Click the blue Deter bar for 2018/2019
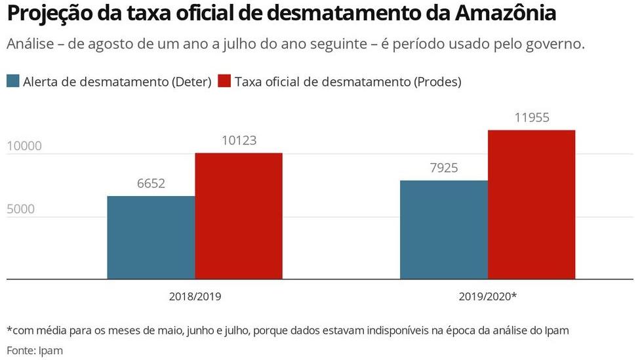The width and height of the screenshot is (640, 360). point(151,237)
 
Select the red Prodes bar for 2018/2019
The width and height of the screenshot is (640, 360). point(239,216)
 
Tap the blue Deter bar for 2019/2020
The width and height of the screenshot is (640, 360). point(444,230)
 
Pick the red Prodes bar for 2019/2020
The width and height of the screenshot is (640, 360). point(531,205)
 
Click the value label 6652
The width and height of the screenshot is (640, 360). point(151,184)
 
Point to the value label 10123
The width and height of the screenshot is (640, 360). point(239,140)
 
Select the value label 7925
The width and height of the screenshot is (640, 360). point(444,168)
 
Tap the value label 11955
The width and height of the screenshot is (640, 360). point(532,118)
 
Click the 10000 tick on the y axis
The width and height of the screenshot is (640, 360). point(24,146)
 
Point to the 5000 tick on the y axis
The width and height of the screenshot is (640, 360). point(20,210)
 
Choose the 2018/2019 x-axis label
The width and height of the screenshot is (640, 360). point(195,296)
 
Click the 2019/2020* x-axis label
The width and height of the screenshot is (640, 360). point(488,296)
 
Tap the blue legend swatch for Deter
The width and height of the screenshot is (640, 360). point(13,81)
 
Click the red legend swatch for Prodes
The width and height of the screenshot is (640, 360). point(225,81)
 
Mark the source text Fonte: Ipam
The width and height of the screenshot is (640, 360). point(35,350)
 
